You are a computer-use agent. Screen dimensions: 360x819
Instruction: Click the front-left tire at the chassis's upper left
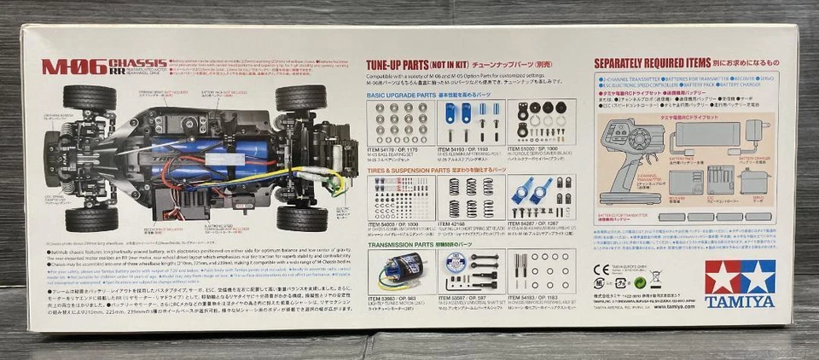tap(89, 97)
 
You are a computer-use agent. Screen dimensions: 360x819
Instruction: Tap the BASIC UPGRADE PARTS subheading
tap(401, 94)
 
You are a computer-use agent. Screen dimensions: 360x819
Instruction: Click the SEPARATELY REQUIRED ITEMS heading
tap(665, 63)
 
